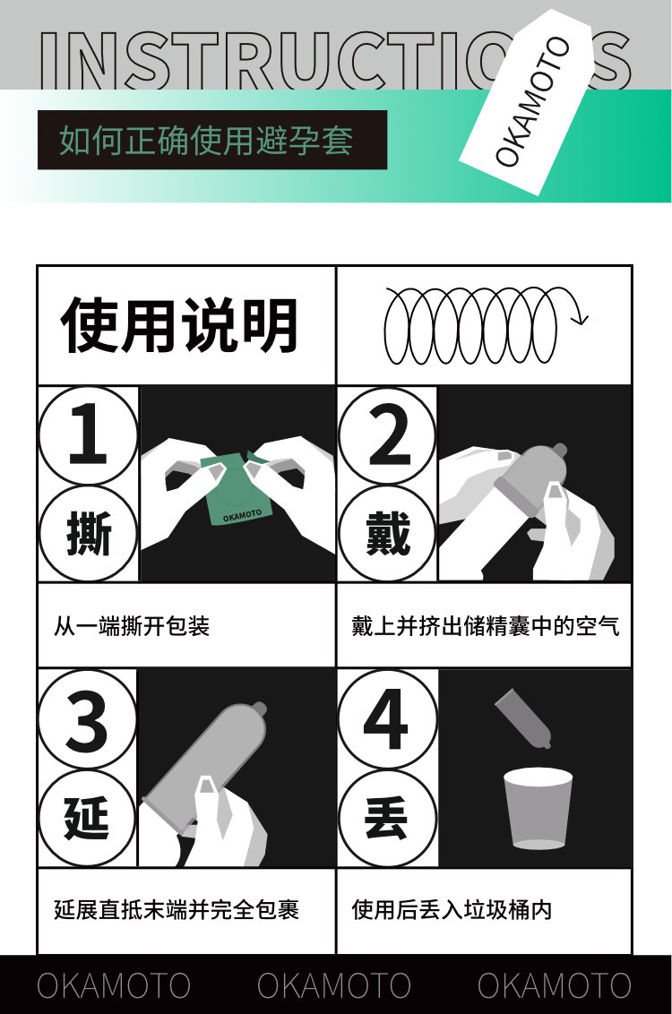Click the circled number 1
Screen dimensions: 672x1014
point(88,434)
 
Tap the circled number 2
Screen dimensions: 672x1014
point(387,434)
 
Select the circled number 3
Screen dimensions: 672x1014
point(87,720)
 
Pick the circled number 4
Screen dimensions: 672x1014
point(387,720)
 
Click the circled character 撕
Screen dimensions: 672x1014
point(88,534)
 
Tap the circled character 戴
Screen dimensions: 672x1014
point(387,534)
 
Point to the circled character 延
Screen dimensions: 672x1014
point(87,818)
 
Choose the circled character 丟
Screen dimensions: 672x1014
point(387,818)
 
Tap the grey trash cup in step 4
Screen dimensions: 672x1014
point(538,808)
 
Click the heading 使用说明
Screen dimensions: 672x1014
point(179,325)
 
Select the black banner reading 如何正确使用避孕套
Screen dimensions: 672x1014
point(212,141)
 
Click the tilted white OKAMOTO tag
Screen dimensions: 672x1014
point(527,101)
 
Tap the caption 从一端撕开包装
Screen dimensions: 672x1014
point(132,626)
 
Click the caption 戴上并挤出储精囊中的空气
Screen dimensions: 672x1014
point(485,626)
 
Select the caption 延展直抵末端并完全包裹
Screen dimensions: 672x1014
point(176,910)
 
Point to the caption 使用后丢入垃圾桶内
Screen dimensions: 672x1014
point(452,910)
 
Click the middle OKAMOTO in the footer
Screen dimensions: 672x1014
point(334,985)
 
